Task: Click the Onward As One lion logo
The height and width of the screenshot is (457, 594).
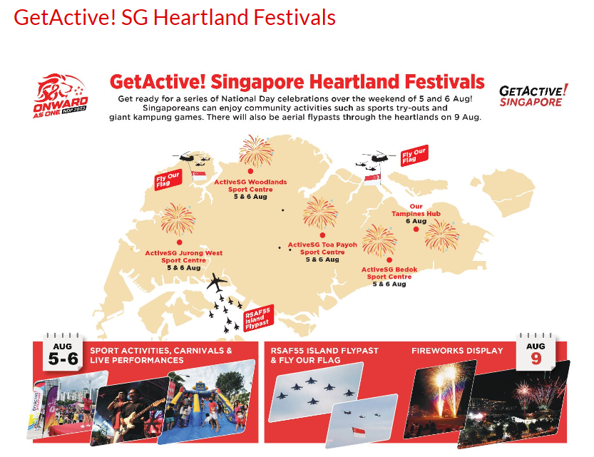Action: (x=61, y=96)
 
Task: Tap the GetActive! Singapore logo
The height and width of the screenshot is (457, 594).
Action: (x=533, y=96)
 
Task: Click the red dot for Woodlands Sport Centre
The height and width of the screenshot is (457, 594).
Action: (x=250, y=172)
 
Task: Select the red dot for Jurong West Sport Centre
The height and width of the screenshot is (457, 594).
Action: (x=179, y=242)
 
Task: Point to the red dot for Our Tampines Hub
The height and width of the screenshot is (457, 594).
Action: (x=416, y=229)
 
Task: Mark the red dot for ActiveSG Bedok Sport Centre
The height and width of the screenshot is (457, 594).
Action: (x=389, y=260)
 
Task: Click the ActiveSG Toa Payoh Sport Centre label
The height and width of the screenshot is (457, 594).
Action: (x=322, y=248)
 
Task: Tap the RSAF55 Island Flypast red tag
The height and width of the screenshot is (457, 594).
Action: (x=258, y=318)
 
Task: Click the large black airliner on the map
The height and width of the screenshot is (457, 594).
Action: (x=217, y=282)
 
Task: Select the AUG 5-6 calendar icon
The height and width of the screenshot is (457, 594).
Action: (x=63, y=352)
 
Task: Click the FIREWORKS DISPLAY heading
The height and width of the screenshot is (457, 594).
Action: (x=457, y=351)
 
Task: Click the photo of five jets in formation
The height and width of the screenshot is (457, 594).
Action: (x=316, y=391)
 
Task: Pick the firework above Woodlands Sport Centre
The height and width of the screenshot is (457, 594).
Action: (x=256, y=150)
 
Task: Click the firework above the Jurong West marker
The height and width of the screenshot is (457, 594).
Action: (x=178, y=220)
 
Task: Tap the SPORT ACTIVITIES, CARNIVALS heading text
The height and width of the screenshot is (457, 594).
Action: (x=161, y=351)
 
